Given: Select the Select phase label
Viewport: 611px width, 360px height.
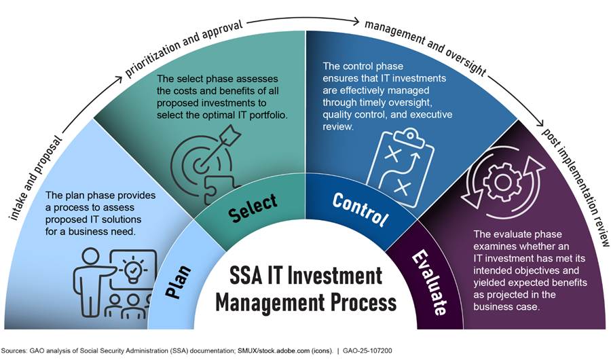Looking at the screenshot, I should (x=253, y=208).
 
